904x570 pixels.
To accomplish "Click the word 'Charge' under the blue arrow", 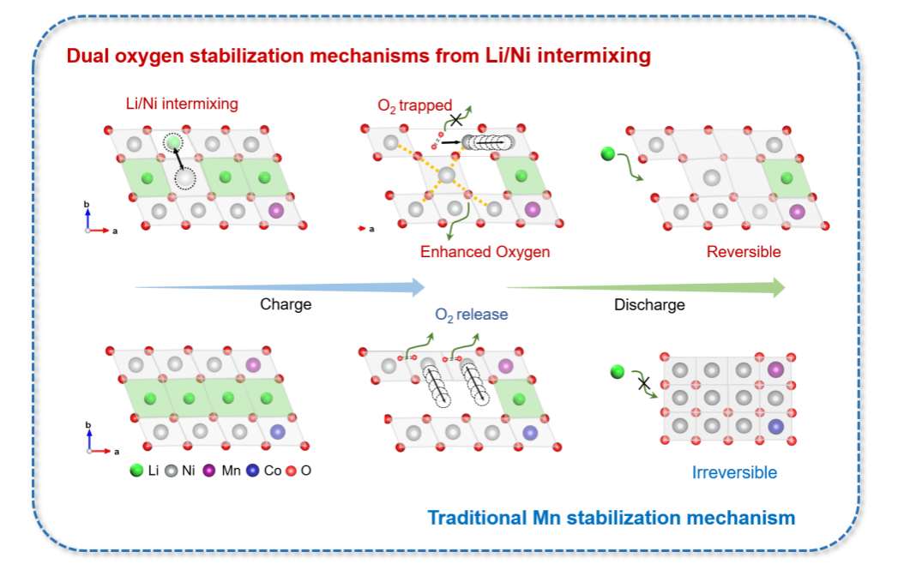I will (x=286, y=304).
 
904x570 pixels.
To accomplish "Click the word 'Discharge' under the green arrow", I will (x=649, y=304).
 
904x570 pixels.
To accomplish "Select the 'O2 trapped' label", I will (x=414, y=106).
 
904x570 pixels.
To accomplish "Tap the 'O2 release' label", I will (x=471, y=315).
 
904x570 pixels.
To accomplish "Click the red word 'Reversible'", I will (x=744, y=252).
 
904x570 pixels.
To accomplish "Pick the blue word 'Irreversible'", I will (x=734, y=472).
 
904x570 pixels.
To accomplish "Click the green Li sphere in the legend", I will (x=136, y=470).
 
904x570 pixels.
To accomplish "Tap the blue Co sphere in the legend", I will (x=252, y=470).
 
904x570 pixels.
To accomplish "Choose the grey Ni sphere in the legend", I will (x=171, y=470).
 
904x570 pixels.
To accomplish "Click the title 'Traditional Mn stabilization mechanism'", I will (x=611, y=518).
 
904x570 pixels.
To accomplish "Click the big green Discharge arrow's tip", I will (x=782, y=287).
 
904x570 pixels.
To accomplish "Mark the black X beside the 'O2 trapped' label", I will (x=457, y=119).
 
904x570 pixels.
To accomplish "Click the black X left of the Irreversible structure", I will (x=642, y=383).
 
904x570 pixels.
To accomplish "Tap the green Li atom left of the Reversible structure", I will (x=608, y=154).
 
